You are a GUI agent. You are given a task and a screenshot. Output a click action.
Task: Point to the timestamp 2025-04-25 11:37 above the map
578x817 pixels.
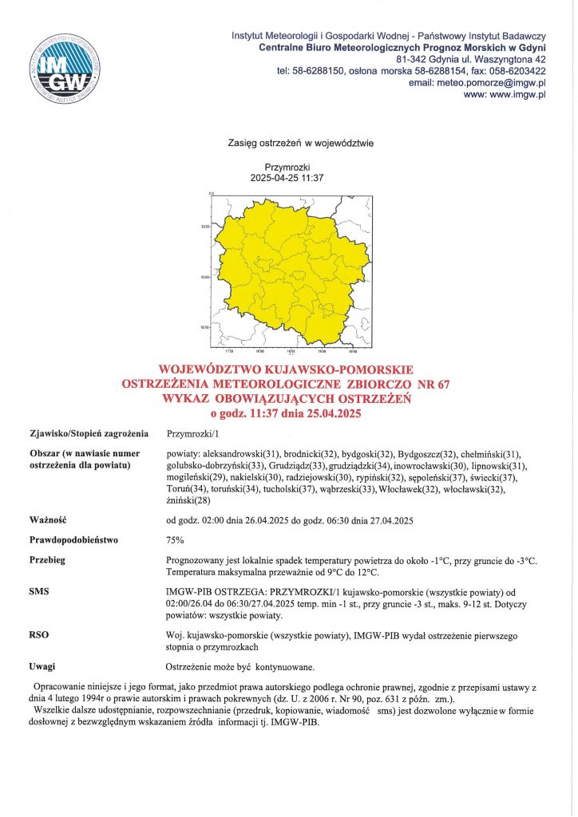287,179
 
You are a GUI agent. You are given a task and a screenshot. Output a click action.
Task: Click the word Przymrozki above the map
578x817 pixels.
287,168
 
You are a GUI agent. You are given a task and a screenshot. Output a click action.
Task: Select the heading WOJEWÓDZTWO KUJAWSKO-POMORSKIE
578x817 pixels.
286,370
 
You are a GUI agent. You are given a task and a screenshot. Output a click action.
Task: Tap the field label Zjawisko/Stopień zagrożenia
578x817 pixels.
89,434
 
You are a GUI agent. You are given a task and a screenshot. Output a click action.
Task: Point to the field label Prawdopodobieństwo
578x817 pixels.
73,540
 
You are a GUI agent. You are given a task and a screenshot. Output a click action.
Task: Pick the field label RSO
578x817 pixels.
38,635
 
